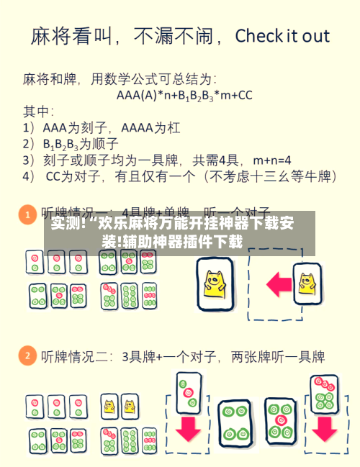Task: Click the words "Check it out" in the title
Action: coord(282,36)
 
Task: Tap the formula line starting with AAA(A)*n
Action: coord(184,94)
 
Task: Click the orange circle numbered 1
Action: coord(27,214)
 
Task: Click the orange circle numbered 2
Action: coord(27,355)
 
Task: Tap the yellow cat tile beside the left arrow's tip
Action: coord(215,284)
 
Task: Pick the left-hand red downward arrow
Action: coord(189,428)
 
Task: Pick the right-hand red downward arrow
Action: coord(323,428)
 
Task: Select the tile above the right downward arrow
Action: coord(323,392)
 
